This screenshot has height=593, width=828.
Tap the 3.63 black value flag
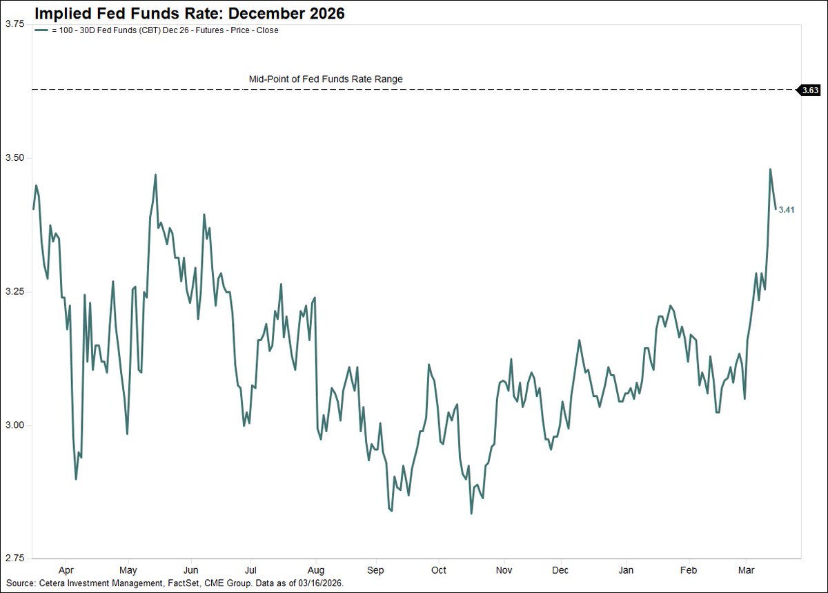pyautogui.click(x=809, y=90)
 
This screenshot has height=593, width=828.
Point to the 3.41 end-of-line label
pyautogui.click(x=787, y=210)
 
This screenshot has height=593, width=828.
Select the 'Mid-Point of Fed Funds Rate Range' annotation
pyautogui.click(x=326, y=79)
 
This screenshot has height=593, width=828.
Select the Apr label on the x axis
pyautogui.click(x=66, y=570)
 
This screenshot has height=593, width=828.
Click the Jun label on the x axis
pyautogui.click(x=191, y=570)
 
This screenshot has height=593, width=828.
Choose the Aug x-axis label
pyautogui.click(x=315, y=570)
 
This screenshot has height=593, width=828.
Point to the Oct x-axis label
pyautogui.click(x=440, y=570)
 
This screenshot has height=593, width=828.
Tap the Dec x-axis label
pyautogui.click(x=561, y=570)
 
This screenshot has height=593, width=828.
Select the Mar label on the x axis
pyautogui.click(x=745, y=570)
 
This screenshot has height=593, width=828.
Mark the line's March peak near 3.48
pyautogui.click(x=770, y=169)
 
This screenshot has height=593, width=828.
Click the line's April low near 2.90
pyautogui.click(x=76, y=479)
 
